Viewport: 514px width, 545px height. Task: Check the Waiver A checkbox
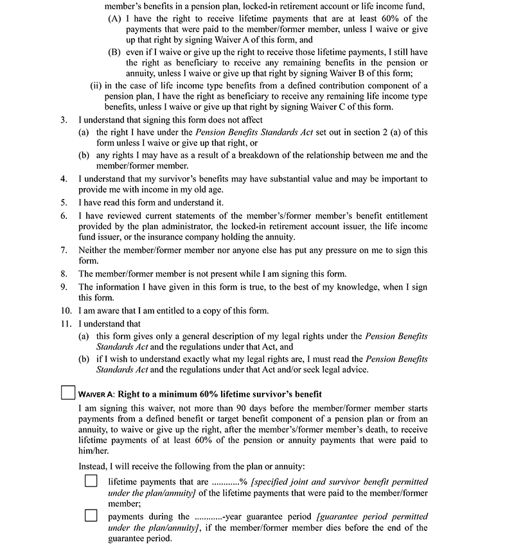pos(67,392)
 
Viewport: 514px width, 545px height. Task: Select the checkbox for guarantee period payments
pos(91,515)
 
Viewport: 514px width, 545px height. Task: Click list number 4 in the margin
pos(64,178)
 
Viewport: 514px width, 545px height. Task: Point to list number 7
pos(64,250)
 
